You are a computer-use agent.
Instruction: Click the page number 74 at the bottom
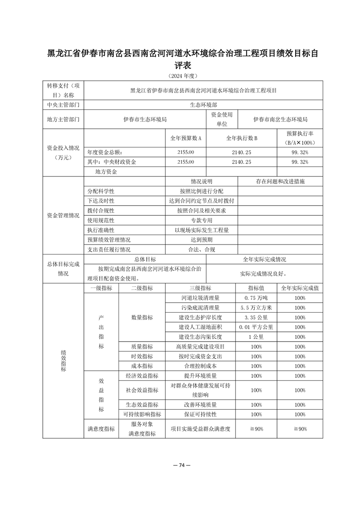pyautogui.click(x=180, y=465)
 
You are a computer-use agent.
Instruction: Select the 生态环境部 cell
pyautogui.click(x=204, y=104)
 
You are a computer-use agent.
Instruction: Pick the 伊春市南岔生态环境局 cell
pyautogui.click(x=281, y=119)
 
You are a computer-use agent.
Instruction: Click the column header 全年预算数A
pyautogui.click(x=186, y=137)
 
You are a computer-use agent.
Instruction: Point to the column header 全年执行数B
pyautogui.click(x=242, y=137)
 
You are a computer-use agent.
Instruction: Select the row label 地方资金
pyautogui.click(x=106, y=171)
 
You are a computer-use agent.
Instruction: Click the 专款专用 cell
pyautogui.click(x=202, y=220)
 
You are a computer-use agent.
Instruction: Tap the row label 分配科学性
pyautogui.click(x=101, y=191)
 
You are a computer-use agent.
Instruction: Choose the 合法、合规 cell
pyautogui.click(x=202, y=249)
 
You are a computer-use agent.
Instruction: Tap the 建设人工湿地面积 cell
pyautogui.click(x=200, y=327)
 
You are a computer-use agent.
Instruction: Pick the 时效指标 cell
pyautogui.click(x=142, y=356)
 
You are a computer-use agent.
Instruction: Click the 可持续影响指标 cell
pyautogui.click(x=142, y=414)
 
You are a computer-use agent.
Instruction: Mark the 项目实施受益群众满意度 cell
pyautogui.click(x=200, y=429)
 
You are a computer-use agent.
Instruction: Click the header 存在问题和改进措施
pyautogui.click(x=280, y=181)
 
